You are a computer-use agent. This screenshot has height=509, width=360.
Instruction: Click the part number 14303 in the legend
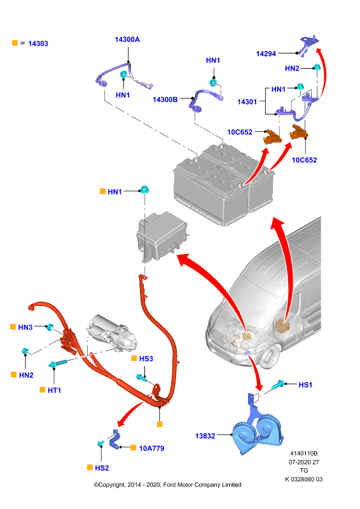point(38,43)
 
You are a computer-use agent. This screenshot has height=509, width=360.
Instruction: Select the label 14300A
point(127,39)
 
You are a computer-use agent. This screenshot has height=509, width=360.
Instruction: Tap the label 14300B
point(165,100)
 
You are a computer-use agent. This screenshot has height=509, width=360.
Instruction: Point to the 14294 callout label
point(266,54)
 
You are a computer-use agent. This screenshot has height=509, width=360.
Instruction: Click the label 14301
point(247,102)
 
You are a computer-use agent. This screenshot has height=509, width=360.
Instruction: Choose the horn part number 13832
point(205,436)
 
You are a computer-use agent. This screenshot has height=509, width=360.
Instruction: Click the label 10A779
point(151,449)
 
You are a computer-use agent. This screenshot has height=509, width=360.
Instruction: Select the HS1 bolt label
point(305,385)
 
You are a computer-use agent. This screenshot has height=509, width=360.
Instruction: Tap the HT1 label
point(54,390)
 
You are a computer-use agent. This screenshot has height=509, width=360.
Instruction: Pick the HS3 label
point(146,359)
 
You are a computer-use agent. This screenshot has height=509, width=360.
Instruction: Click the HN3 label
point(25,327)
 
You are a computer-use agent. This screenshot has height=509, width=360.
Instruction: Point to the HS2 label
point(102,468)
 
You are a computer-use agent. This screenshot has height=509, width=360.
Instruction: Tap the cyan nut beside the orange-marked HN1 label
point(144,189)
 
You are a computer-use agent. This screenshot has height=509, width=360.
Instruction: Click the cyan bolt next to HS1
point(278,385)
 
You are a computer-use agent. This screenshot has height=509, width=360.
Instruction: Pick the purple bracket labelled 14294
point(308,45)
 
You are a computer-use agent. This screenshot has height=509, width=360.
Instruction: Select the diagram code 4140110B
point(304,454)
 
